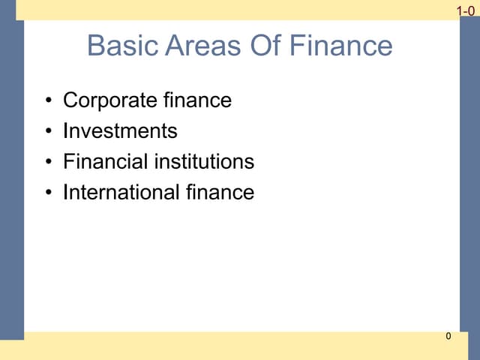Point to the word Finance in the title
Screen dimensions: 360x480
(340, 46)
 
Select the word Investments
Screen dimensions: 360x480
(120, 131)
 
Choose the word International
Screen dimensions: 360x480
(120, 193)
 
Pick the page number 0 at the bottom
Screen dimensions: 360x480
(448, 337)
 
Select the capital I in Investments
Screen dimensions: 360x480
(66, 131)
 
